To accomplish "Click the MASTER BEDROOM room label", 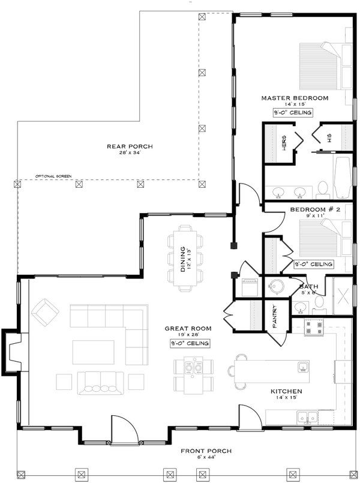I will coord(295,97).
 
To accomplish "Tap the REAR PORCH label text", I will coord(129,146).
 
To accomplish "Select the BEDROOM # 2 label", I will coord(315,209).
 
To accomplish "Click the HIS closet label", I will coord(329,138).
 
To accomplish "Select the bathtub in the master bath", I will coord(345,178).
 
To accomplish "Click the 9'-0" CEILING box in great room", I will coord(189,343).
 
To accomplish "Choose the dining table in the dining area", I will coord(184,258).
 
